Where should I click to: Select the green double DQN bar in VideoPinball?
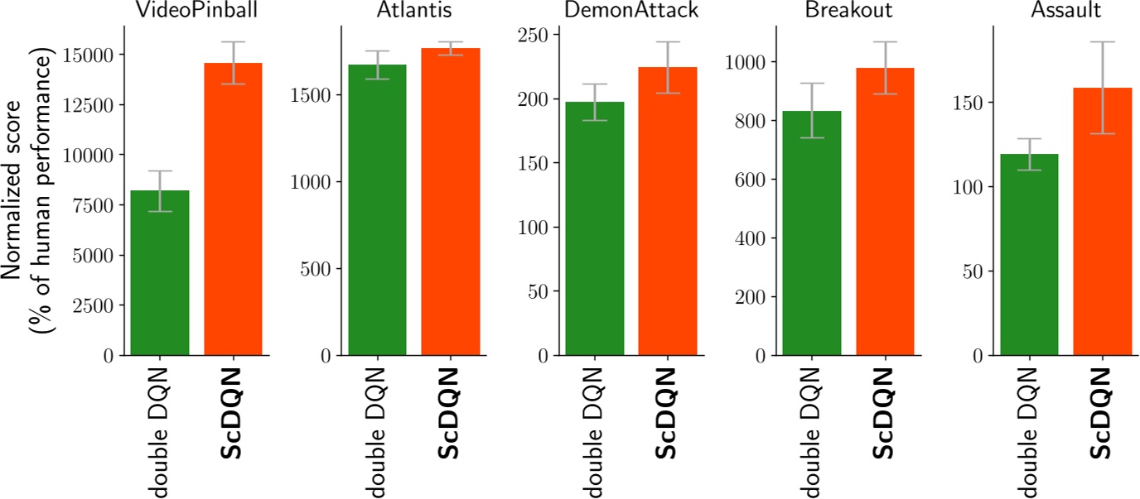160,273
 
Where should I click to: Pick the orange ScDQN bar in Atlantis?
451,202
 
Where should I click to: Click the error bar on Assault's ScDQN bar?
1102,87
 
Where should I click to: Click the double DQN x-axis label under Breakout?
812,432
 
